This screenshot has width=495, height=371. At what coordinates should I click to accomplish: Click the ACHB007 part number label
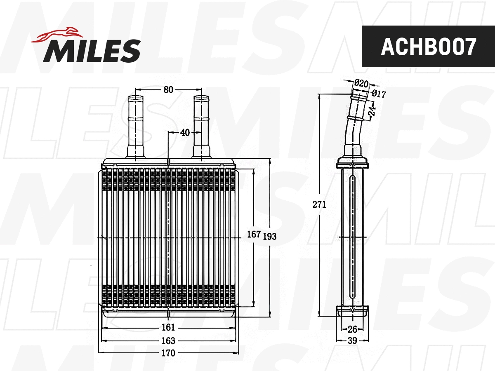pos(428,47)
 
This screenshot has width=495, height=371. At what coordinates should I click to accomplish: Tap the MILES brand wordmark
pos(92,51)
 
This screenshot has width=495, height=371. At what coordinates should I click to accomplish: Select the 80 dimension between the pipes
pos(168,90)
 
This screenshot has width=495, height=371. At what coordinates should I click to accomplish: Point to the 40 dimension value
pos(185,133)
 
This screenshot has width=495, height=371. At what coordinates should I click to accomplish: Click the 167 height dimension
pos(254,235)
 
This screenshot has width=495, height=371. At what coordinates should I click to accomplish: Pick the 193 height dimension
pos(269,236)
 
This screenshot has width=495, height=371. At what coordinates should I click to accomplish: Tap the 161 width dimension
pos(168,328)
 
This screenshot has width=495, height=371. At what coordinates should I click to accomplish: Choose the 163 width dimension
pos(168,341)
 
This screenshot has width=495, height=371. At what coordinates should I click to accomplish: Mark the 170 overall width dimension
pos(168,353)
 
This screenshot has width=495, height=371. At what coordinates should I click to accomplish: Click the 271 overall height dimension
pos(320,204)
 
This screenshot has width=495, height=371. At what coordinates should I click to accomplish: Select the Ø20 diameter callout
pos(361,83)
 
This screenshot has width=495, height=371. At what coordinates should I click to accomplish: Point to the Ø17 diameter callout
pos(378,94)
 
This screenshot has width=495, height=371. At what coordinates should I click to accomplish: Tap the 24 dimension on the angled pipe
pos(372,110)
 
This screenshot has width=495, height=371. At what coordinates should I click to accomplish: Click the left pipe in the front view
pos(135,126)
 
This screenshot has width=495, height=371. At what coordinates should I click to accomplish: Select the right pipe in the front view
pos(202,126)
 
